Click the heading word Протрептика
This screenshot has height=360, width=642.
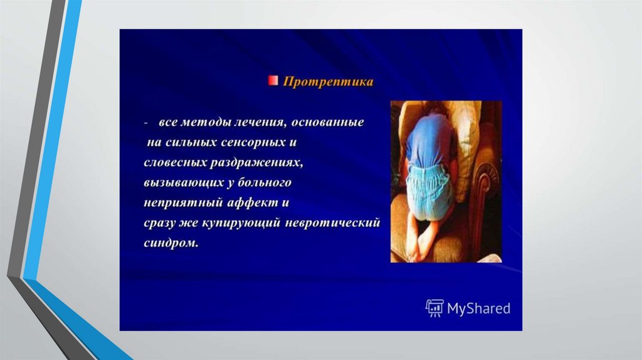328,82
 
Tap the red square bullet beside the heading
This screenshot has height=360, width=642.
273,80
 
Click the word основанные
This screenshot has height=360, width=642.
327,122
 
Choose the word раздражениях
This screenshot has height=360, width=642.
256,163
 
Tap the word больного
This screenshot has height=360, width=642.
265,183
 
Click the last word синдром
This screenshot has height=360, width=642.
171,243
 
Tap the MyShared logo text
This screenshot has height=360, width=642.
478,308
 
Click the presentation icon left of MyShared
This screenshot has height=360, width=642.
434,308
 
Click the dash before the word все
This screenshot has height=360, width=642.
145,123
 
